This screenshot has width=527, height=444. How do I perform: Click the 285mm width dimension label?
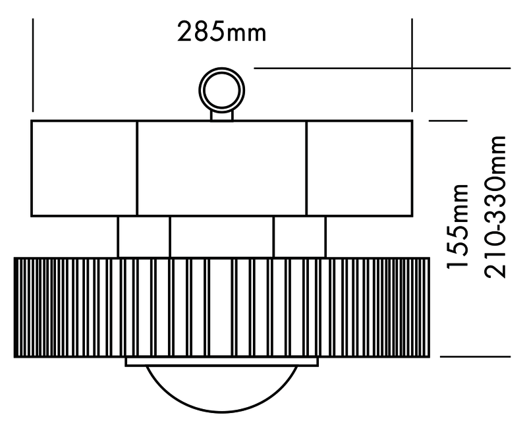pyautogui.click(x=222, y=32)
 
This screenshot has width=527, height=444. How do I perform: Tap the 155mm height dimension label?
pyautogui.click(x=458, y=227)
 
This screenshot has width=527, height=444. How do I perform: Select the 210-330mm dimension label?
pyautogui.click(x=496, y=207)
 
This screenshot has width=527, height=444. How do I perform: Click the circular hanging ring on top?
pyautogui.click(x=221, y=90)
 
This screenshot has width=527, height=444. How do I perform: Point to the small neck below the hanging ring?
pyautogui.click(x=221, y=115)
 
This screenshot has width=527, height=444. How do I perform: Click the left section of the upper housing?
pyautogui.click(x=84, y=168)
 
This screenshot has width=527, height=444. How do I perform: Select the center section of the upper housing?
pyautogui.click(x=221, y=168)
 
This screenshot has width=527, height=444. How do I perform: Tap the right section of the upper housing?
pyautogui.click(x=359, y=168)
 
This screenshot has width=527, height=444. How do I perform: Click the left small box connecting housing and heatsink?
pyautogui.click(x=144, y=236)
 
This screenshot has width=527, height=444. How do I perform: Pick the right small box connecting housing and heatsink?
pyautogui.click(x=299, y=236)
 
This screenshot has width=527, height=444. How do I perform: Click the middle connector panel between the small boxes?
pyautogui.click(x=221, y=236)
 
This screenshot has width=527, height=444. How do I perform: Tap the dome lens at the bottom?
pyautogui.click(x=221, y=389)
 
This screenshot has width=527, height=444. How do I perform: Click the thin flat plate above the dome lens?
pyautogui.click(x=221, y=362)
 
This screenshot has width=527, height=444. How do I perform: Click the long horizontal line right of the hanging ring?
pyautogui.click(x=382, y=68)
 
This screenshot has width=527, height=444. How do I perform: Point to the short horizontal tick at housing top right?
pyautogui.click(x=447, y=121)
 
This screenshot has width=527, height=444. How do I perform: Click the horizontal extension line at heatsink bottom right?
pyautogui.click(x=474, y=356)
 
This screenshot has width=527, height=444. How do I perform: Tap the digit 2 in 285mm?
pyautogui.click(x=186, y=32)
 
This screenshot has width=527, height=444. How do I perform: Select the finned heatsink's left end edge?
pyautogui.click(x=15, y=307)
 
